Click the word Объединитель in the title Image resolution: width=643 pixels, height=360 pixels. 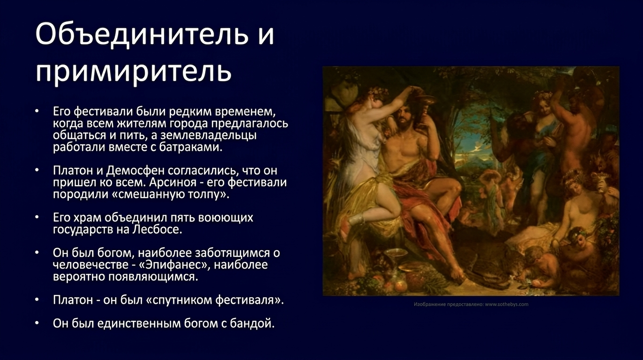(x=142, y=34)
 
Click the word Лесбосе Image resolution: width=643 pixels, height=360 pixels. (x=157, y=229)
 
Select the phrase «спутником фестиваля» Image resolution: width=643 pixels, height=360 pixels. (x=215, y=300)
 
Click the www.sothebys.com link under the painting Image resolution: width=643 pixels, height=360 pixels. (x=507, y=304)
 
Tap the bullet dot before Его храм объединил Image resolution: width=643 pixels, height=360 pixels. (x=37, y=217)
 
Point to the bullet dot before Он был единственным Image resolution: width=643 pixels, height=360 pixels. (x=37, y=323)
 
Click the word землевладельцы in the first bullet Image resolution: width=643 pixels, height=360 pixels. (x=209, y=135)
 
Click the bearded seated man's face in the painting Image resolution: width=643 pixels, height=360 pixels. (x=405, y=117)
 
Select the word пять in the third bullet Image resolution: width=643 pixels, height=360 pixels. (x=182, y=217)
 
